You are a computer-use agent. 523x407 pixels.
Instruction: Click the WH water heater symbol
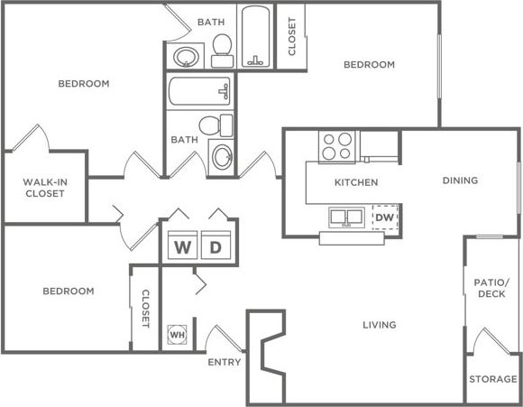coord(177,334)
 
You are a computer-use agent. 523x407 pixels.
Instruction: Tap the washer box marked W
coord(182,247)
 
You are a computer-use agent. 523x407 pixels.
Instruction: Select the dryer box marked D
coord(216,247)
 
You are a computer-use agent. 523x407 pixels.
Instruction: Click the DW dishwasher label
coord(384,217)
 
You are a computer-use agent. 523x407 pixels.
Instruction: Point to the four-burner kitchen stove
coord(337,145)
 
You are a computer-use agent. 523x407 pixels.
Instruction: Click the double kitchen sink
coord(346,217)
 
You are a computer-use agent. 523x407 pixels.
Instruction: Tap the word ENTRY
coord(224,362)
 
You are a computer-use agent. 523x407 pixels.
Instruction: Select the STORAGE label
coord(492,380)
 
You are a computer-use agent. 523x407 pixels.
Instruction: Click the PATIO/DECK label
coord(492,288)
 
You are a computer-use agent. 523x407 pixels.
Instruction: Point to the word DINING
coord(460,180)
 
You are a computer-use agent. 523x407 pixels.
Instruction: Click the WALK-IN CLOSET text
coord(44,187)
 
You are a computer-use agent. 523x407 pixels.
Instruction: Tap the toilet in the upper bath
coord(222,50)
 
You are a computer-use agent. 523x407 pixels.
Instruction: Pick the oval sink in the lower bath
coord(222,156)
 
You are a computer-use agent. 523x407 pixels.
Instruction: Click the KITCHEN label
coord(355,182)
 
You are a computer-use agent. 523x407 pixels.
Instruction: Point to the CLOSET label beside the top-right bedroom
coord(291,36)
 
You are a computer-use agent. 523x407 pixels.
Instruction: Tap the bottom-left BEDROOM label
coord(69,291)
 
